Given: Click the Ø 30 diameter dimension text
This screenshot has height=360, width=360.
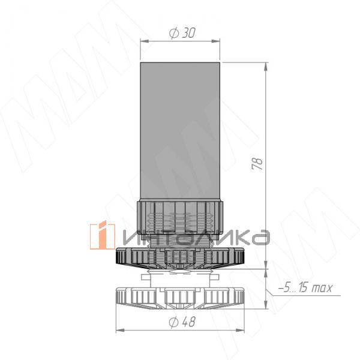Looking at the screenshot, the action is pos(182,33).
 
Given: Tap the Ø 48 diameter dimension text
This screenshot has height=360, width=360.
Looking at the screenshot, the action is pos(182,322).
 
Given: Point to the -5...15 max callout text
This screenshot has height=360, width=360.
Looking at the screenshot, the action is pos(305,287).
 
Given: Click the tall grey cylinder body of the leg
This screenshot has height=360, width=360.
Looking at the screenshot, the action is pos(180,131).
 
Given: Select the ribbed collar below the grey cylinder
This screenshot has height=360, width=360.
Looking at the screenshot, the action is pos(180,217).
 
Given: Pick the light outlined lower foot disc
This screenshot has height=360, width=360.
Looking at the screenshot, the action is pos(180,298).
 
